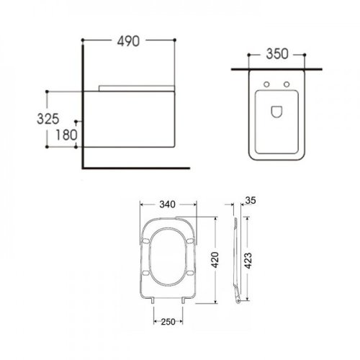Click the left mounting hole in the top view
tap(267, 86)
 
